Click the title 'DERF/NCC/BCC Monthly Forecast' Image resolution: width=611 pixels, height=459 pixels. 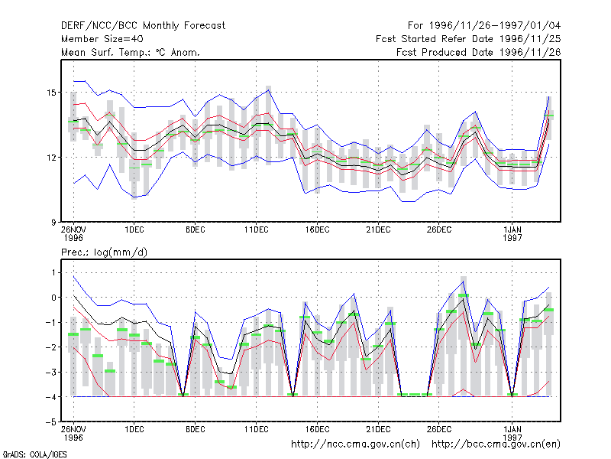(x=143, y=26)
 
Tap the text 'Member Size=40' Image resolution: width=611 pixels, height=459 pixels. (x=102, y=39)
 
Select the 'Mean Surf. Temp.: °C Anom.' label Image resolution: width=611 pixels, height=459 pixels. (x=131, y=52)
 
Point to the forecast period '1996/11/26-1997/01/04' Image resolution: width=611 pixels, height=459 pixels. (x=495, y=26)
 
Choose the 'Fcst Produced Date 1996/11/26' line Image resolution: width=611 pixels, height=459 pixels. (x=479, y=52)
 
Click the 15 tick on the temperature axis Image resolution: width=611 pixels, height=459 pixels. (x=51, y=93)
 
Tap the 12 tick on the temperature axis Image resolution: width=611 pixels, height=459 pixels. (x=51, y=158)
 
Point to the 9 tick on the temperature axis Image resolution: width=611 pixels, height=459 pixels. (x=53, y=223)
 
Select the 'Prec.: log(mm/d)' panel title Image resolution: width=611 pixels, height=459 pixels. (x=104, y=252)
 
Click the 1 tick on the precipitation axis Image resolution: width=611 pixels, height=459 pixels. (x=53, y=272)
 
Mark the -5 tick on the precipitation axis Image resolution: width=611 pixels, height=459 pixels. (x=51, y=422)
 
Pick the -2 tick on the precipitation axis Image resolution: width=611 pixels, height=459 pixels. (x=51, y=347)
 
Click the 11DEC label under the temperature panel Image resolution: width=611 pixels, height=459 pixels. (x=257, y=230)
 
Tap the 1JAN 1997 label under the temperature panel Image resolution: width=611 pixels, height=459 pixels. (x=512, y=233)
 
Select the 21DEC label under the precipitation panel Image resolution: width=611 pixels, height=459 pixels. (x=378, y=429)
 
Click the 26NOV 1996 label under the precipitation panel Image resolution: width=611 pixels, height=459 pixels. (x=73, y=433)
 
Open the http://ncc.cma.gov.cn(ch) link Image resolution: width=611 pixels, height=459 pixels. (x=355, y=444)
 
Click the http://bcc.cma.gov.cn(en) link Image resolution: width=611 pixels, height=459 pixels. (x=496, y=444)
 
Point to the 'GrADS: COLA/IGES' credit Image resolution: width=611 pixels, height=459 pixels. (x=34, y=454)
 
